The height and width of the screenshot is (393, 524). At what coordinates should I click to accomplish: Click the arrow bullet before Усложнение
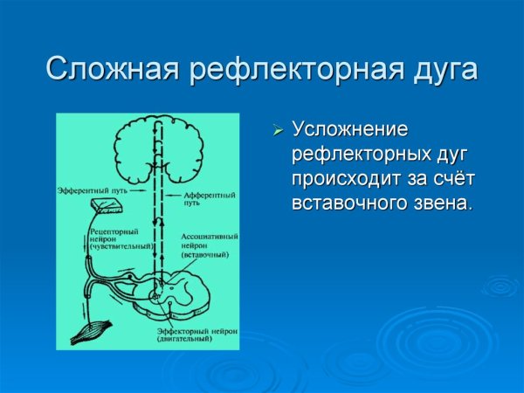tap(278, 131)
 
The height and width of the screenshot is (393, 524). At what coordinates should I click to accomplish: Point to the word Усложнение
tap(349, 131)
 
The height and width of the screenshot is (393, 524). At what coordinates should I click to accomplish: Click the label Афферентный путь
tap(203, 196)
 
